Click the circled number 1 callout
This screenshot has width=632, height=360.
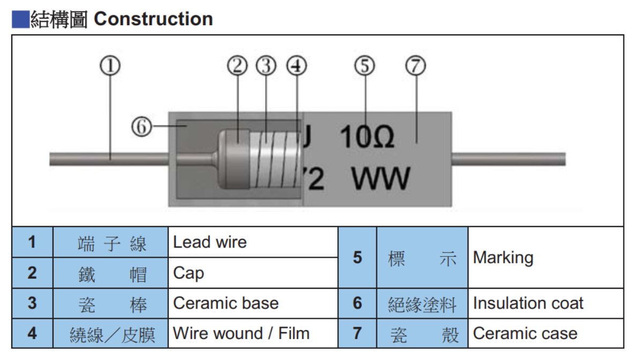110,66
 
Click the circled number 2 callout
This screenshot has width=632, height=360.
237,66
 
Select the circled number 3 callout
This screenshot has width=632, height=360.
265,66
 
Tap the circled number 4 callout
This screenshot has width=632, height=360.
296,66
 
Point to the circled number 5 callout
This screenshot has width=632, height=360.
365,66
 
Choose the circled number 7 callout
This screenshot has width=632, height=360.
415,66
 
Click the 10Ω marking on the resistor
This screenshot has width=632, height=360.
367,138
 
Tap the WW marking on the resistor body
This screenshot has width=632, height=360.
381,179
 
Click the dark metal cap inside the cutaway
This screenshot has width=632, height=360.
234,159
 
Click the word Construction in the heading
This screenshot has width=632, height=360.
153,19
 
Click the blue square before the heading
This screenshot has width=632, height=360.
20,20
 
